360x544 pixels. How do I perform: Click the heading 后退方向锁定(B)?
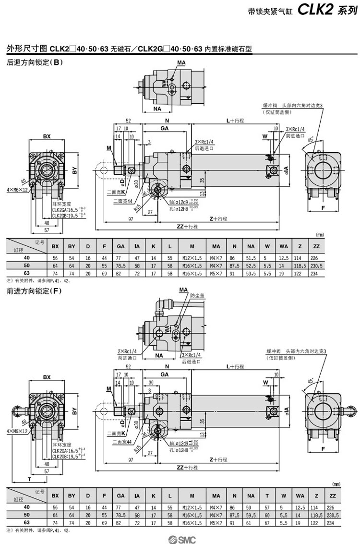pyautogui.click(x=35, y=62)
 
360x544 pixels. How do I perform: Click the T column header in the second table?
pyautogui.click(x=267, y=495)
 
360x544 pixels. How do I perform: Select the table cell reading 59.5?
pyautogui.click(x=251, y=515)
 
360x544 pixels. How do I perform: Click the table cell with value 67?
pyautogui.click(x=267, y=522)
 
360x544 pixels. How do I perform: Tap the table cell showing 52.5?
pyautogui.click(x=251, y=265)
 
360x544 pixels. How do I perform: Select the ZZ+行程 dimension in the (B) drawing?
pyautogui.click(x=187, y=226)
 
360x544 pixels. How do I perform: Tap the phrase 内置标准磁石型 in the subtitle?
pyautogui.click(x=228, y=49)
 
